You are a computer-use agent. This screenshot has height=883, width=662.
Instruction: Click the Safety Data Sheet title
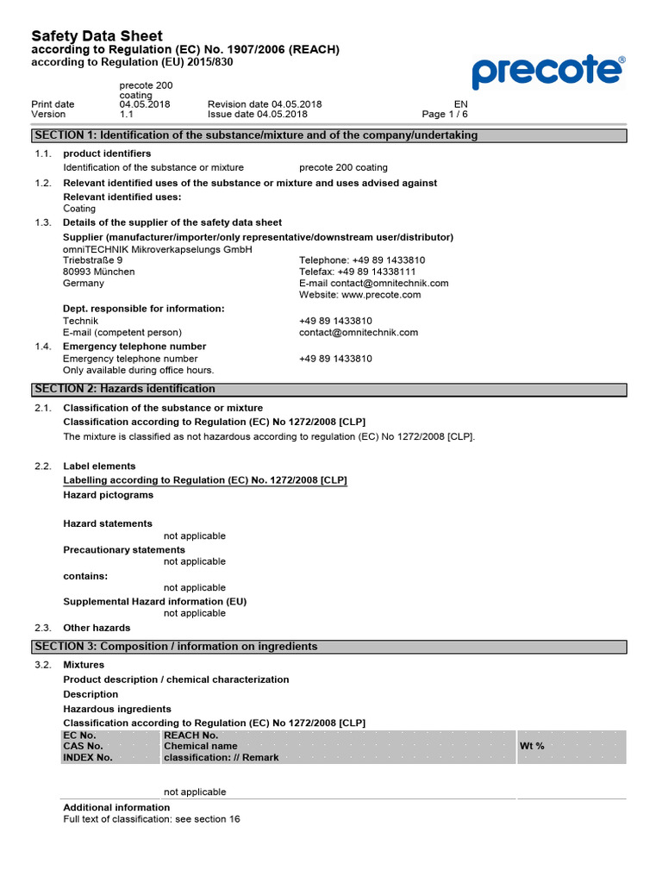pos(97,36)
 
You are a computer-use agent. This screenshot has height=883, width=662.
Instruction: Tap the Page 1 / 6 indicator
pos(445,114)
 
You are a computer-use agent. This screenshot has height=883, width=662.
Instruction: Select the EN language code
pos(460,104)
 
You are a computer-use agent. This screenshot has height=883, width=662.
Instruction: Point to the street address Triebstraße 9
pos(93,260)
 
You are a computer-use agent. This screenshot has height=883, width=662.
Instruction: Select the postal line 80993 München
pos(99,272)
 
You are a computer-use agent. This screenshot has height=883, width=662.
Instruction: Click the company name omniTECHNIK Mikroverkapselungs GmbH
pos(158,249)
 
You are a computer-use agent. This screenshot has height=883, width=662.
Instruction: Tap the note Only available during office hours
pos(139,370)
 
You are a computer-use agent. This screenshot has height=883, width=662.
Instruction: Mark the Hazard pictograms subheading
pos(109,495)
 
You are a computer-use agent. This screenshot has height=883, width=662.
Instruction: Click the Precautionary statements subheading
pos(124,549)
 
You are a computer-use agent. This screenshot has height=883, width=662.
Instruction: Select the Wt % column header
pos(532,746)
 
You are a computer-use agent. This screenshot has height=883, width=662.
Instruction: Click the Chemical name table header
pos(201,746)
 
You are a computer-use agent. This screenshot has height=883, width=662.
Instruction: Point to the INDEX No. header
pos(88,757)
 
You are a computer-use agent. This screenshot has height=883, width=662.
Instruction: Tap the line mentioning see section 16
pos(152,818)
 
